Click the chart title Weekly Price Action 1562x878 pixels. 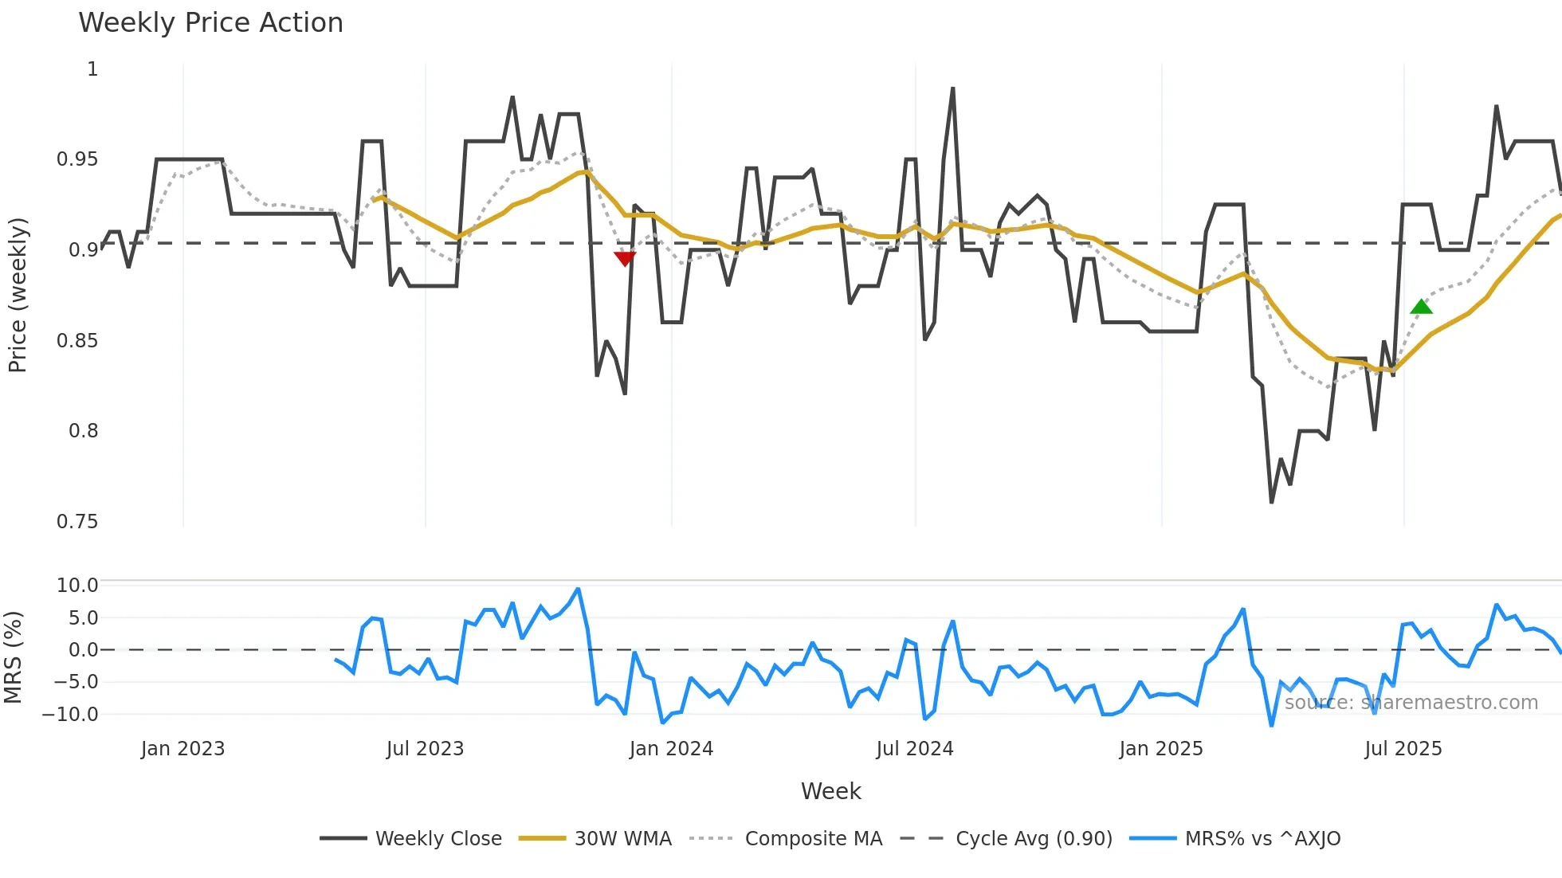coord(210,23)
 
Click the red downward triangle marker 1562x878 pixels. coord(625,258)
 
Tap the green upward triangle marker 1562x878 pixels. coord(1421,307)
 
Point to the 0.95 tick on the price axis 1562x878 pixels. coord(77,159)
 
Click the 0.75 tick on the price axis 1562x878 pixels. coord(77,522)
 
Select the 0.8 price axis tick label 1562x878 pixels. coord(83,431)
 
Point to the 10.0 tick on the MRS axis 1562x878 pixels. coord(77,586)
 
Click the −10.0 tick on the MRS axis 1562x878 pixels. coord(70,715)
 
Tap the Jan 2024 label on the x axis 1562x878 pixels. coord(671,749)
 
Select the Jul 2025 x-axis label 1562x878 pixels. coord(1403,749)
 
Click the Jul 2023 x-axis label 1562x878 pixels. coord(425,749)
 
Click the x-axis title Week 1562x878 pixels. coord(830,791)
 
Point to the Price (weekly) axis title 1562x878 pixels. coord(18,295)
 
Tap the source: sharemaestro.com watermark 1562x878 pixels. coord(1411,703)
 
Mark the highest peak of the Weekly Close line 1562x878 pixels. coord(952,88)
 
